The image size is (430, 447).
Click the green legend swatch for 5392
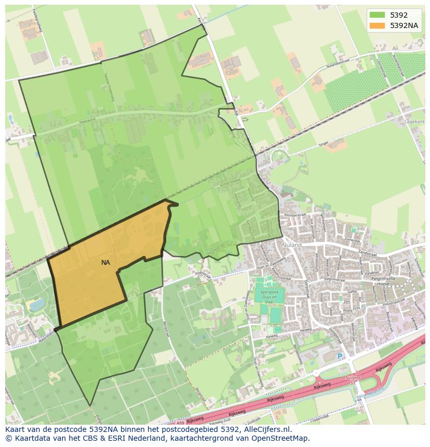click(x=377, y=15)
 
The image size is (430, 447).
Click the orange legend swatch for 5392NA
click(x=377, y=25)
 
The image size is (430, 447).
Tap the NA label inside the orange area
click(x=105, y=263)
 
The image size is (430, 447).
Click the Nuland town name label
click(x=289, y=244)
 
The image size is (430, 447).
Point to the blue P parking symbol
click(x=340, y=356)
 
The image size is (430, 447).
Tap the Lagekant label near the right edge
click(x=415, y=121)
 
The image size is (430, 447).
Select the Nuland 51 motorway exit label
click(x=353, y=381)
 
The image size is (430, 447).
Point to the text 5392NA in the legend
click(x=404, y=25)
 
